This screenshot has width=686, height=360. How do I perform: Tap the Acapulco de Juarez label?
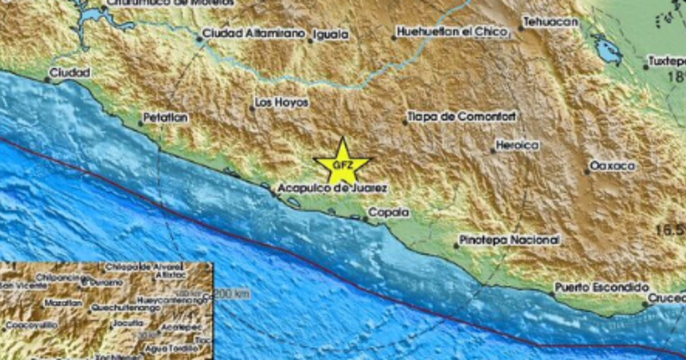(332, 188)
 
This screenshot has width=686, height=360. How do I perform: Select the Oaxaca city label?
(612, 166)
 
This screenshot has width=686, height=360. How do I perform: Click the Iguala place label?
(331, 34)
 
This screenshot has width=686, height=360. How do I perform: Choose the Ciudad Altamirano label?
(254, 33)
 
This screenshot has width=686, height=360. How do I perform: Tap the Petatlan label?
(165, 117)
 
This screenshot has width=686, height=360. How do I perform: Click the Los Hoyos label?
(282, 102)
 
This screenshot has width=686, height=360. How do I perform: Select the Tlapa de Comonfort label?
(461, 116)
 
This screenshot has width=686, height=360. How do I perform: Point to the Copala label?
(389, 212)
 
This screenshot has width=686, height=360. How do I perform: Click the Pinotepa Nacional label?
(509, 240)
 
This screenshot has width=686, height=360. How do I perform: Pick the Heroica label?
(517, 145)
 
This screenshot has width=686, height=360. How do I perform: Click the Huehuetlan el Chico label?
(451, 32)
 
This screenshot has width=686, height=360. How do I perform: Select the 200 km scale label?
(232, 294)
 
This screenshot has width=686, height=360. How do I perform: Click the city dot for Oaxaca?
(587, 172)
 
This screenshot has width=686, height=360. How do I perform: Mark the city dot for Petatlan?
(141, 123)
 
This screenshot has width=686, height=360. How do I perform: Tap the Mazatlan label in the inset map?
(63, 303)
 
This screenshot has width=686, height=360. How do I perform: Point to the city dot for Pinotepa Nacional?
(456, 246)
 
